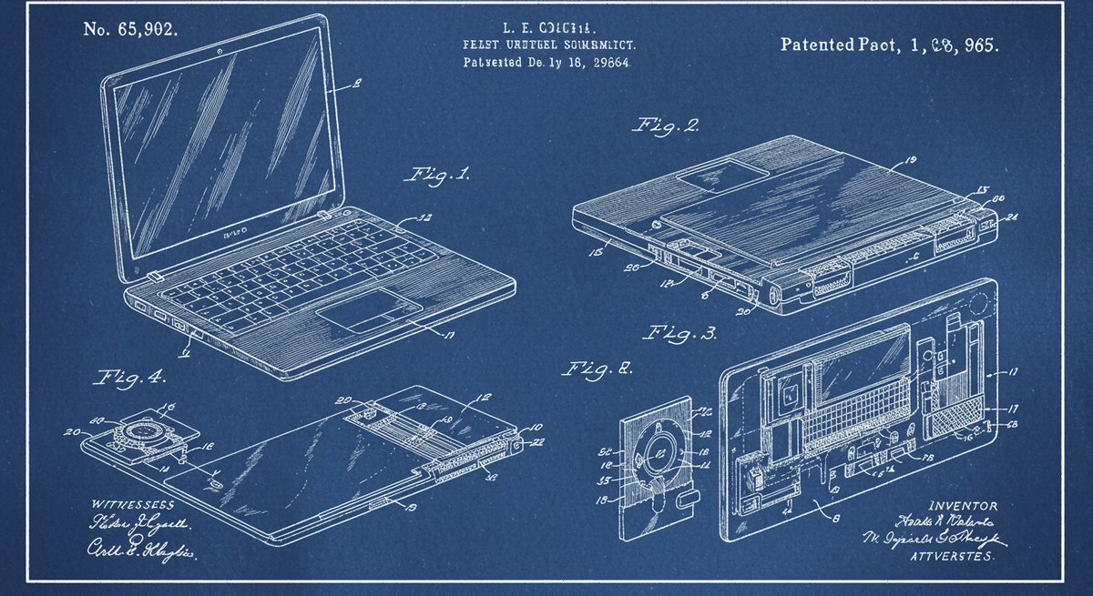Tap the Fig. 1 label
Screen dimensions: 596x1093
coord(440,175)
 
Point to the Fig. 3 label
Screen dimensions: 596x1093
coord(682,332)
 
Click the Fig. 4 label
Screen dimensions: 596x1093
coord(125,375)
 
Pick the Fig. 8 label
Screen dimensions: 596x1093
coord(597,369)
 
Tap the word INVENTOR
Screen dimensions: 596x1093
coord(962,506)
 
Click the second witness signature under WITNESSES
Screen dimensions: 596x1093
coord(140,549)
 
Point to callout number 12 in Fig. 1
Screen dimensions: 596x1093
coord(424,218)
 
